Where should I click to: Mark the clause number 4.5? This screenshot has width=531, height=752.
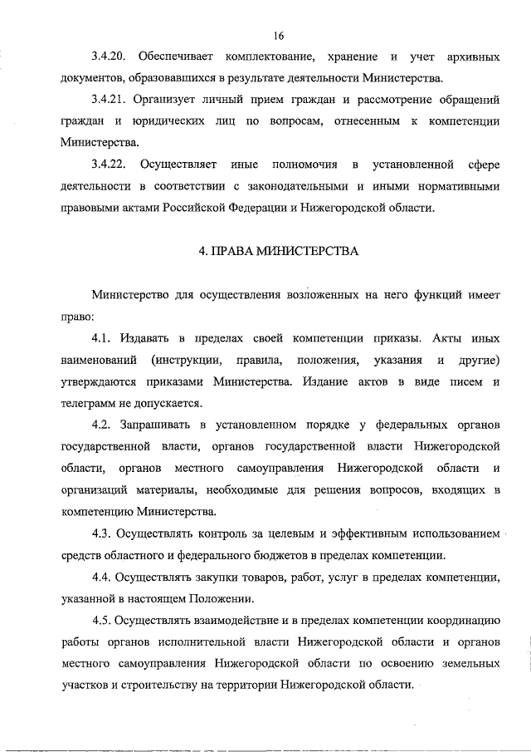(x=101, y=620)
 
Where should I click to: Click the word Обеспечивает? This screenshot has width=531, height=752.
(x=174, y=57)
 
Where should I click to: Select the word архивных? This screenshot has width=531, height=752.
(x=474, y=57)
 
